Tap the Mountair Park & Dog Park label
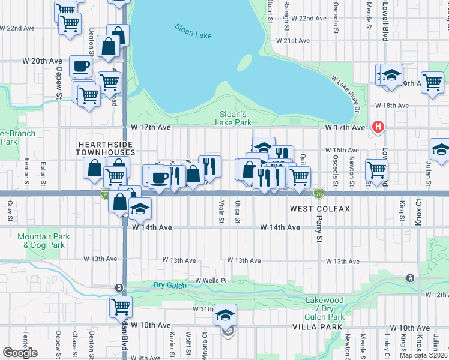click(x=43, y=241)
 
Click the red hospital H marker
click(x=378, y=127)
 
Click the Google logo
click(x=20, y=352)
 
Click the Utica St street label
click(x=238, y=212)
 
